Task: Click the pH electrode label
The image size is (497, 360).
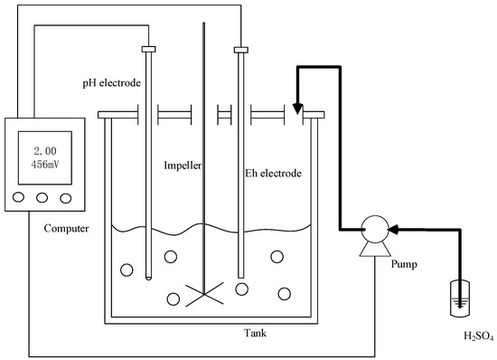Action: point(108,83)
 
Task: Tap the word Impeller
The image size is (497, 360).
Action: point(183,166)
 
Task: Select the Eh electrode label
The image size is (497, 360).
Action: point(274,172)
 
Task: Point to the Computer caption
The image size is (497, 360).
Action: point(66,228)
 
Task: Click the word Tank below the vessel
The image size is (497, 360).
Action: point(254,334)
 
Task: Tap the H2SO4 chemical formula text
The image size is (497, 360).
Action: point(455,336)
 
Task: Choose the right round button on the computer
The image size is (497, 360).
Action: point(64,198)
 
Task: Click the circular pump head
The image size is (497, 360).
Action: point(370,230)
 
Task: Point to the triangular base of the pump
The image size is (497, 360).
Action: point(370,251)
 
